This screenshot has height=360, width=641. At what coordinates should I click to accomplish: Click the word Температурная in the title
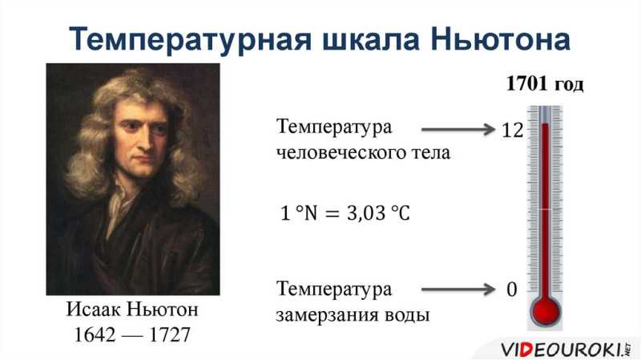click(x=190, y=40)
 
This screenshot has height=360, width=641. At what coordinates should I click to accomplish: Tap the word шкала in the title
click(x=371, y=39)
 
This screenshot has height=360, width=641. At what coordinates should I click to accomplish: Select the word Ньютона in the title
click(x=500, y=39)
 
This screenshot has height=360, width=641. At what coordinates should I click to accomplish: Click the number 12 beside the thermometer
click(x=512, y=130)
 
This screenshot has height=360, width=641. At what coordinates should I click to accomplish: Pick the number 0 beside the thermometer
click(x=512, y=289)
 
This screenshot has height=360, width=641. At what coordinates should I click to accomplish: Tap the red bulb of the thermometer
click(x=546, y=311)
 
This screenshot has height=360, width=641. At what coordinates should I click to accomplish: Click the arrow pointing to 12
click(x=458, y=130)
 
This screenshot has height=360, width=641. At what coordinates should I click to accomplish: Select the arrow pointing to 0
click(x=458, y=289)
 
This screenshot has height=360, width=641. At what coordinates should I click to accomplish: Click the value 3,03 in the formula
click(x=366, y=213)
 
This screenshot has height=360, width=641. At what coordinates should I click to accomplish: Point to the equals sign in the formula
click(x=332, y=213)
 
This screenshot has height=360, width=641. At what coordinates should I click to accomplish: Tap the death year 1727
click(x=170, y=334)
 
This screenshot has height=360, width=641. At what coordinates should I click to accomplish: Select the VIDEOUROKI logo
click(x=566, y=350)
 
